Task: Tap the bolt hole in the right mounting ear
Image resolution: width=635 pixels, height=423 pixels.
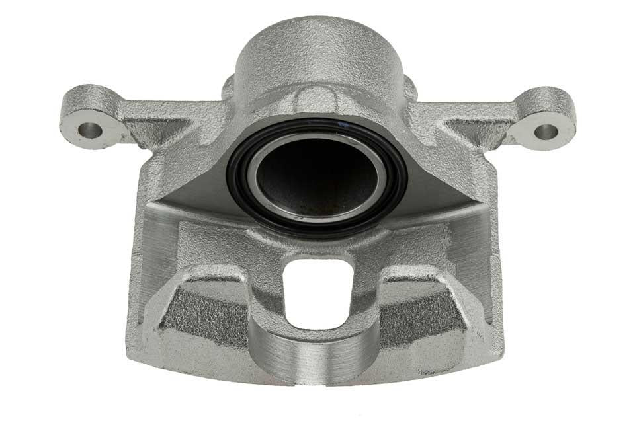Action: click(546, 132)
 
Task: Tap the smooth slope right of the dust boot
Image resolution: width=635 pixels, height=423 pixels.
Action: click(437, 192)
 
